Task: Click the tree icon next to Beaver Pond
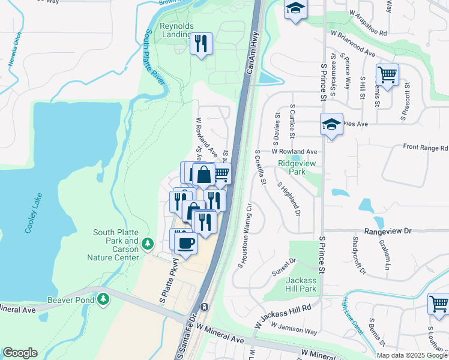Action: tap(103, 298)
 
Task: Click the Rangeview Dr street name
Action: tap(387, 230)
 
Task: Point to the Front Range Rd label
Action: tap(425, 148)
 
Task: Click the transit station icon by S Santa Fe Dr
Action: tap(204, 307)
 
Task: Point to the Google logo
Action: tap(20, 353)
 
